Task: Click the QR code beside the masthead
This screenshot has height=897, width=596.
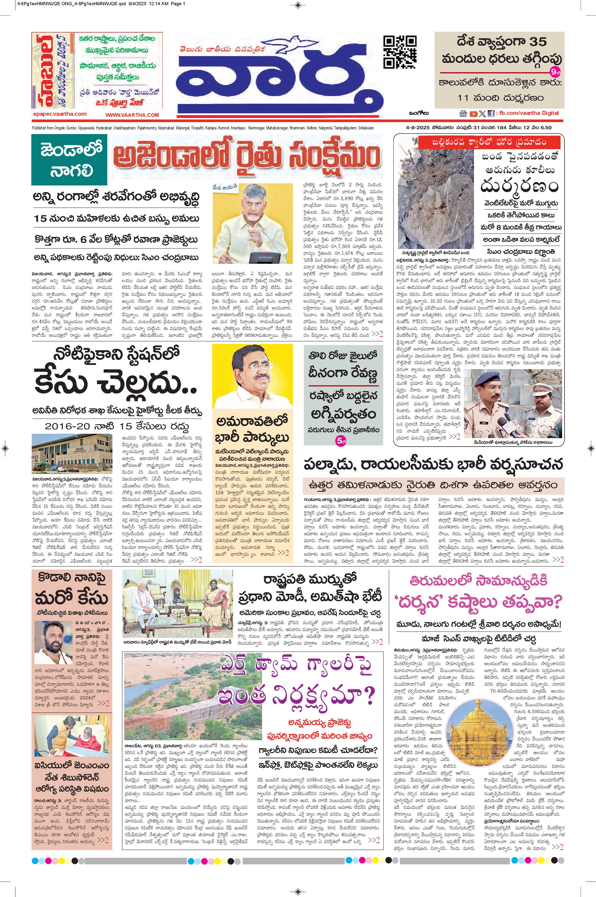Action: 399,51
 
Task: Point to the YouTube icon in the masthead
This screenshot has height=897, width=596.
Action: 473,114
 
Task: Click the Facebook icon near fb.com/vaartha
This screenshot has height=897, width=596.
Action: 491,114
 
